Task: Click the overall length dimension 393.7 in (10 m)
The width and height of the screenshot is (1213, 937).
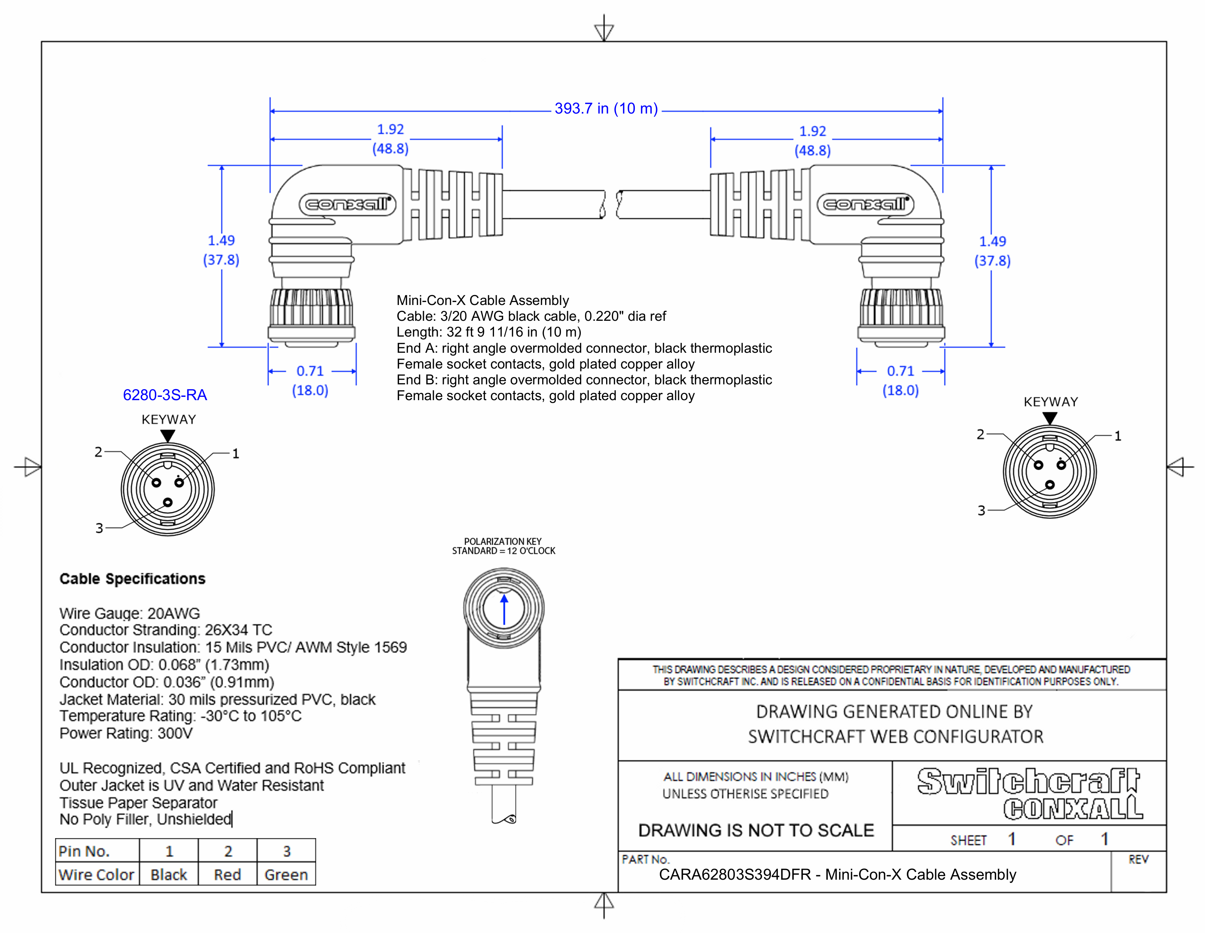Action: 606,108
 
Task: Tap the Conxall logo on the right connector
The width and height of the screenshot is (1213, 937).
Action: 865,204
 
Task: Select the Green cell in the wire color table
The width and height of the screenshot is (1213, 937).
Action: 286,875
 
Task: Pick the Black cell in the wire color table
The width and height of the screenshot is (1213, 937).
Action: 169,875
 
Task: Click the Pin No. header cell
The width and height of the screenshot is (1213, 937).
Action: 85,851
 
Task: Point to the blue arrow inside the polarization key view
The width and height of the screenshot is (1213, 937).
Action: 504,610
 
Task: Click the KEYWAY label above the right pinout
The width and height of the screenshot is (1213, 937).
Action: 1050,402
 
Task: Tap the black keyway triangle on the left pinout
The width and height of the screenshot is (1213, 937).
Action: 168,436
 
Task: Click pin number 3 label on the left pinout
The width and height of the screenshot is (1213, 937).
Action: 99,528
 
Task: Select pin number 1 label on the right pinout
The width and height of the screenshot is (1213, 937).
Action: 1117,436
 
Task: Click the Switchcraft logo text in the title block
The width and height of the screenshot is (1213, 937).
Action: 1028,781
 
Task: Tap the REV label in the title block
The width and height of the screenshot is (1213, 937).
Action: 1138,859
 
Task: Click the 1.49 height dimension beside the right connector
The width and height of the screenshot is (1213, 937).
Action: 992,241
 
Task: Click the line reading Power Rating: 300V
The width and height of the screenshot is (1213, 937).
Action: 126,733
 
